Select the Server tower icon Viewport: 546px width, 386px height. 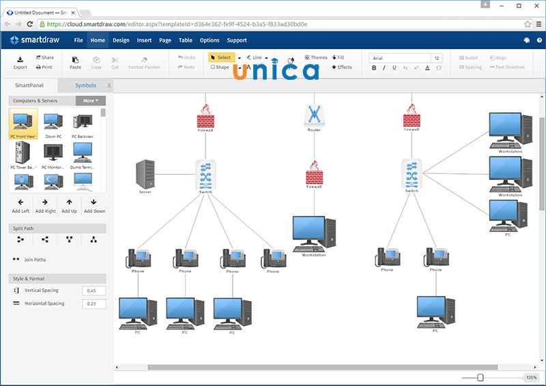pyautogui.click(x=145, y=175)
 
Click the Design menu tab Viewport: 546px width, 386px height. pyautogui.click(x=121, y=40)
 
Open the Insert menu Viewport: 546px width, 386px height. pyautogui.click(x=144, y=40)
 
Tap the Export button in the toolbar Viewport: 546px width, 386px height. pyautogui.click(x=20, y=62)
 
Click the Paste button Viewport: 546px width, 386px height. pyautogui.click(x=75, y=62)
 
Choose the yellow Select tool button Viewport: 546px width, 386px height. pyautogui.click(x=220, y=57)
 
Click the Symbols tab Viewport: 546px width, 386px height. pyautogui.click(x=86, y=86)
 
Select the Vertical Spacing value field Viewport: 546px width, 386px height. pyautogui.click(x=94, y=291)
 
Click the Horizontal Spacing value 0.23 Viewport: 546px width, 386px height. pyautogui.click(x=94, y=303)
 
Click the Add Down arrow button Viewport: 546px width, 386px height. pyautogui.click(x=94, y=205)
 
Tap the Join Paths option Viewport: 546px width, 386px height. pyautogui.click(x=35, y=260)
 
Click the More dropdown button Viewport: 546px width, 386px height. pyautogui.click(x=90, y=101)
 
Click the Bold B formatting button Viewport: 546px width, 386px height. pyautogui.click(x=374, y=68)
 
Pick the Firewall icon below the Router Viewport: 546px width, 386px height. pyautogui.click(x=314, y=175)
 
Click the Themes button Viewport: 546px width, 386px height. pyautogui.click(x=316, y=57)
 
